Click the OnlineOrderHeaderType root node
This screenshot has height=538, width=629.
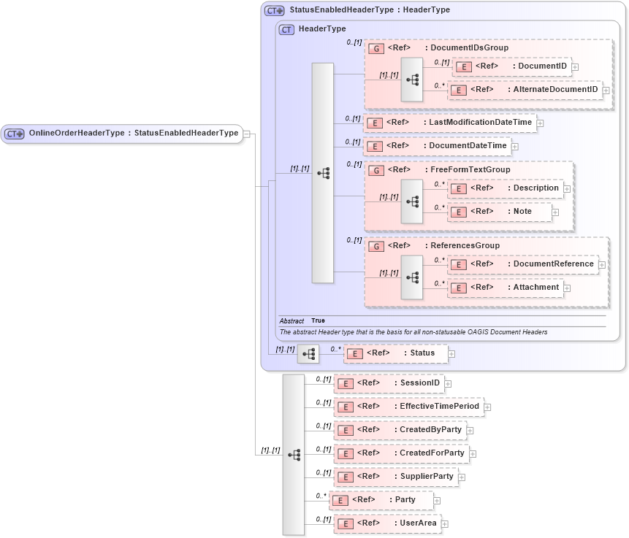(121, 133)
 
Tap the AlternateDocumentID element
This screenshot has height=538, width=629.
(524, 90)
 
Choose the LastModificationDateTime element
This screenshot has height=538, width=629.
(449, 123)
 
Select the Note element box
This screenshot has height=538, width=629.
(500, 212)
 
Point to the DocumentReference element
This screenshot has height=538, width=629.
(522, 264)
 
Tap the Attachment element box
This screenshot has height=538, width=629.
(505, 288)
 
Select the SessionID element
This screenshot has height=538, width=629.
(389, 383)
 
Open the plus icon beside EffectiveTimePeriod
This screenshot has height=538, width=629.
(487, 407)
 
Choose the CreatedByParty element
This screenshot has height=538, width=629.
(400, 430)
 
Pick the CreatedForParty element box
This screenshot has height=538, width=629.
(401, 453)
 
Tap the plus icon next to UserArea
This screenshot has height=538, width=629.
(444, 524)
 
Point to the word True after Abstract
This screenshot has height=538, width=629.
(318, 320)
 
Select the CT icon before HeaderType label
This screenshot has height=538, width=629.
(286, 29)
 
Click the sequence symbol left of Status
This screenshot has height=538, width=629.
(308, 354)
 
